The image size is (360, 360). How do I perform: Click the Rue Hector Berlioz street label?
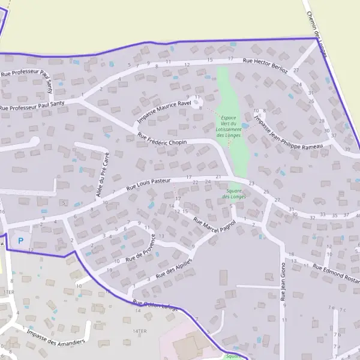265,65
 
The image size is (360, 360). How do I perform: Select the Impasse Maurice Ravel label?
164,110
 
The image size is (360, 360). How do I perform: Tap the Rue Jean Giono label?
283,281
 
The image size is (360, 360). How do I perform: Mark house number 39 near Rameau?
347,149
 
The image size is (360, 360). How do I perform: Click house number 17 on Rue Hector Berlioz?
230,58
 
